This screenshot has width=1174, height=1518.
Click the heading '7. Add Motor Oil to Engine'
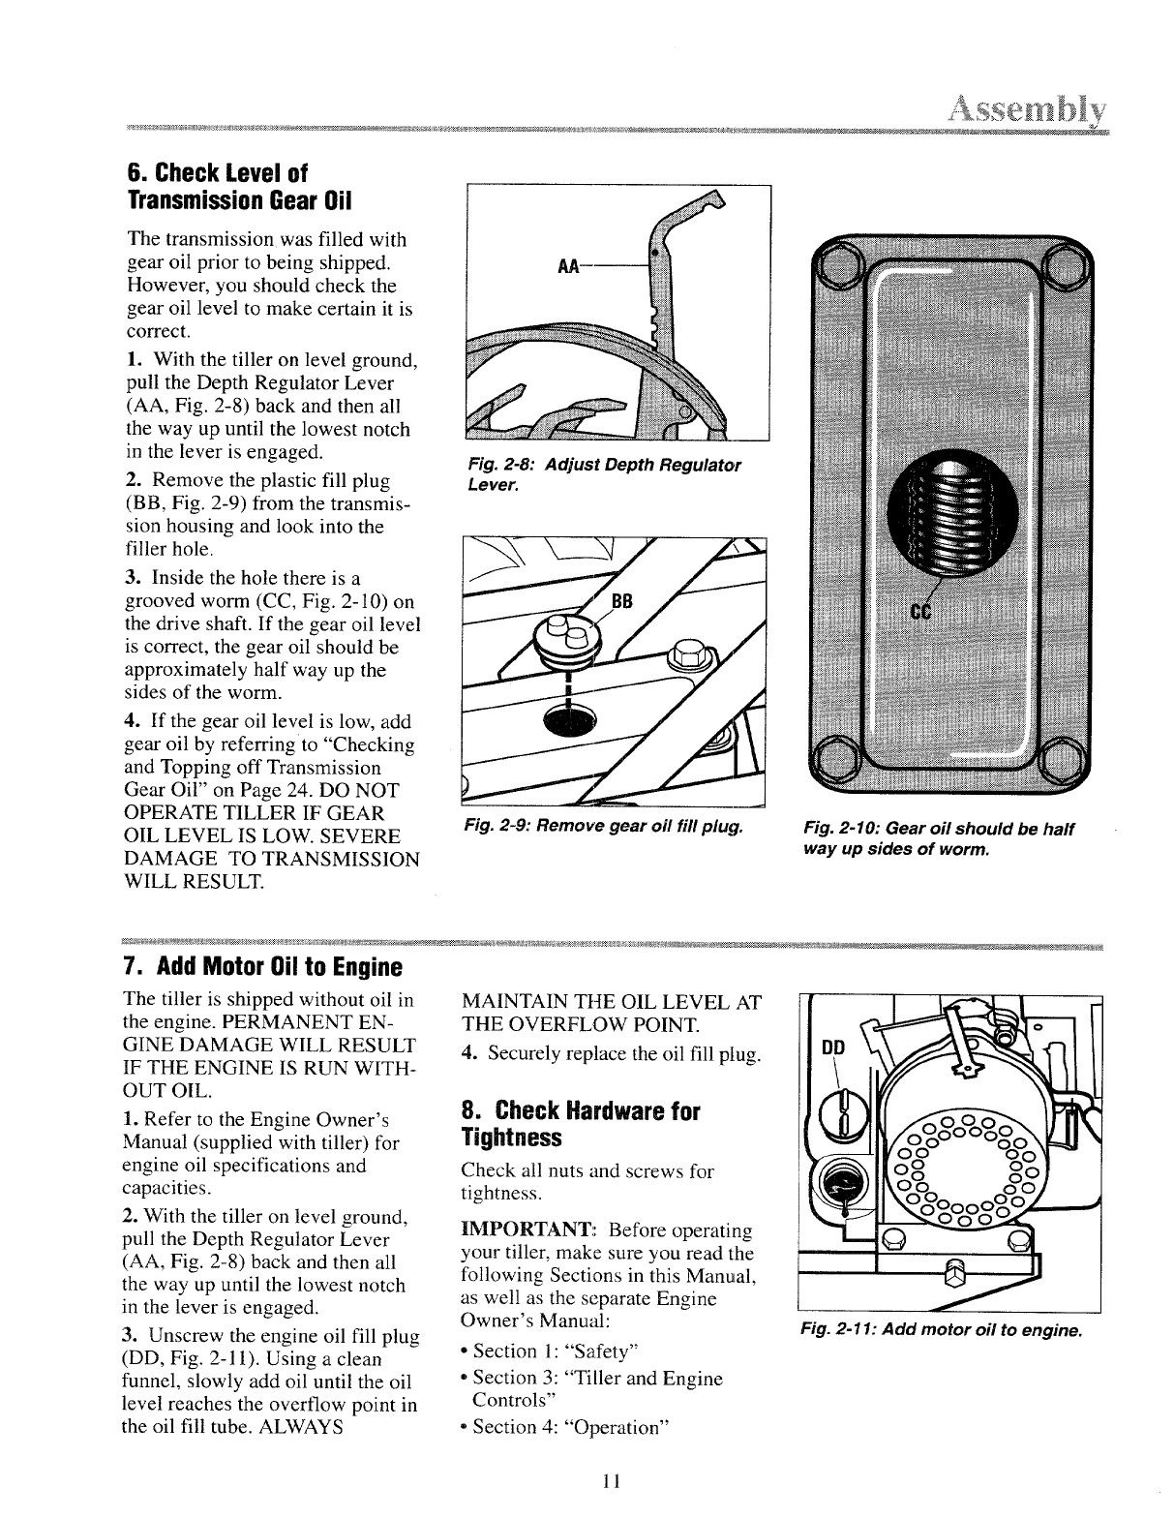(x=262, y=967)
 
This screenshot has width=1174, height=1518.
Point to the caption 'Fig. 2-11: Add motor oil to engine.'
(x=940, y=1331)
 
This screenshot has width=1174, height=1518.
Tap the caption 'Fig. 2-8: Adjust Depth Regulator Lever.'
(x=602, y=474)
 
